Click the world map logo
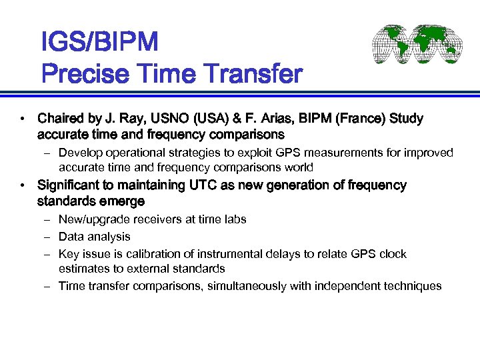pyautogui.click(x=417, y=45)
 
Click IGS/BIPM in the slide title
pyautogui.click(x=99, y=43)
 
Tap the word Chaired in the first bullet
pyautogui.click(x=62, y=119)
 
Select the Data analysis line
pyautogui.click(x=94, y=237)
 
